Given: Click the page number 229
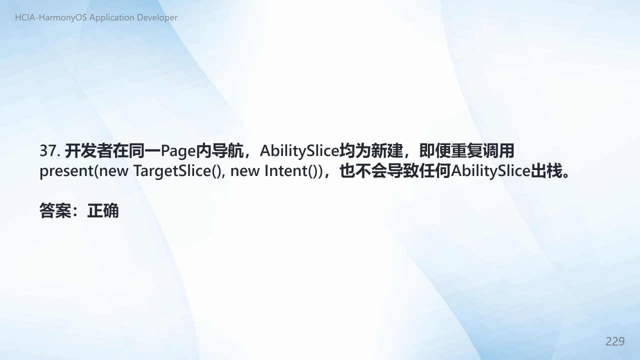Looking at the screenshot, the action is point(615,341).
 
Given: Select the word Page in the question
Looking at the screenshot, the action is point(178,151).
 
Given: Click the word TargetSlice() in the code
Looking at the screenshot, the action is point(177,171).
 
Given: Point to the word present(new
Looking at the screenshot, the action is point(83,171).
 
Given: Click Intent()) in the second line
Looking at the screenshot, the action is point(293,171).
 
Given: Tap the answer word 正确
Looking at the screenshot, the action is point(103,211).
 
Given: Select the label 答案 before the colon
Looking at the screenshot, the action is point(55,211).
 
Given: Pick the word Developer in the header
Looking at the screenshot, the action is point(157,17).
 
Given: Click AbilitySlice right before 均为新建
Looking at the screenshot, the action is point(299,151).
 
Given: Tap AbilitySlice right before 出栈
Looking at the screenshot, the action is point(490,171).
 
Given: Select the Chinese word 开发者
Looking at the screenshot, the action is point(88,151).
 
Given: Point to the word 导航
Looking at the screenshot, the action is point(227,151).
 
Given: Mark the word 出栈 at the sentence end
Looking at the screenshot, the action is point(546,171).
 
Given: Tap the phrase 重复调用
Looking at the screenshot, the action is point(482,151).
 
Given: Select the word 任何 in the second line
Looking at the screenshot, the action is point(435,171).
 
